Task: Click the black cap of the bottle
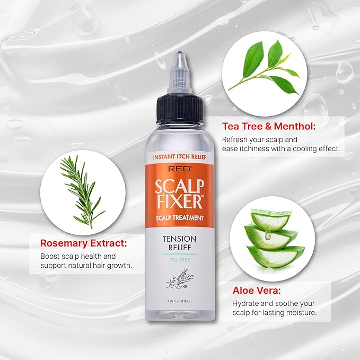pos(180,110)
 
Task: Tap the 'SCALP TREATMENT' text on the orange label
pos(180,217)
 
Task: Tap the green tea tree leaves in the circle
pos(267,65)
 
